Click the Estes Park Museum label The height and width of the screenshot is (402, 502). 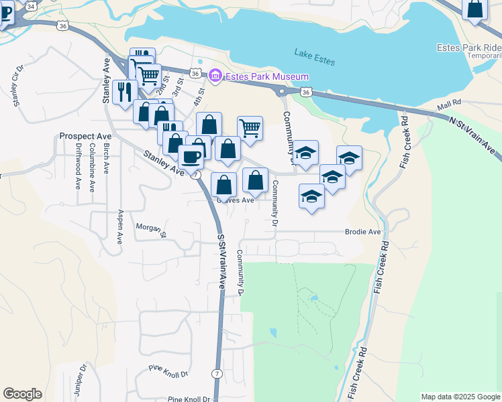click(267, 77)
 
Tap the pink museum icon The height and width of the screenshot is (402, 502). click(215, 77)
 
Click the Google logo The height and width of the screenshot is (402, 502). click(22, 394)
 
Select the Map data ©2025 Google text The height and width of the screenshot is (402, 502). click(460, 397)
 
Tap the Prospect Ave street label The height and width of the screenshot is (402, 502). click(85, 136)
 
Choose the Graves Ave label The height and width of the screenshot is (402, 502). click(236, 200)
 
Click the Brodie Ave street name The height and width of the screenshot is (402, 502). click(362, 232)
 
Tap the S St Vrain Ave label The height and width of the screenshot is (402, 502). click(220, 261)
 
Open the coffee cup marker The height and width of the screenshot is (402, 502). click(191, 157)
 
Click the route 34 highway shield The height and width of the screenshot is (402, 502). click(30, 5)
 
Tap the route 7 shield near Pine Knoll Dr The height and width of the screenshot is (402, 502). click(216, 373)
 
